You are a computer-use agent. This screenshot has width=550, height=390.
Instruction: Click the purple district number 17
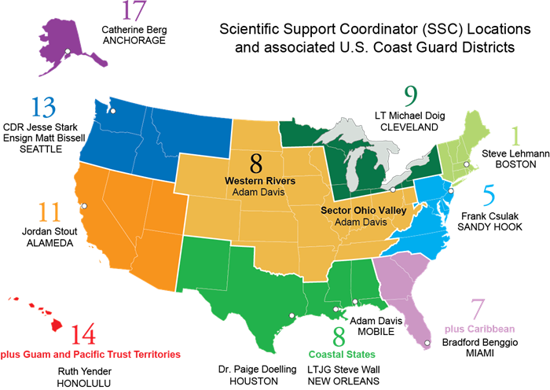134,12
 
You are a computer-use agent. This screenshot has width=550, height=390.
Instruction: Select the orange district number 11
49,213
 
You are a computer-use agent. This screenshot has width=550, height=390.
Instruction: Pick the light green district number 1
515,135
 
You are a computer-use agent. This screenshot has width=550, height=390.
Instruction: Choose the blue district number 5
489,194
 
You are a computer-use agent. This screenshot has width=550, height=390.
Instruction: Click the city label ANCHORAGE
134,40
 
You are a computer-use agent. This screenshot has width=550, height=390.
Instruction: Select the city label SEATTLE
39,149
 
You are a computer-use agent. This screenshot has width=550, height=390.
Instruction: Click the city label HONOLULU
85,383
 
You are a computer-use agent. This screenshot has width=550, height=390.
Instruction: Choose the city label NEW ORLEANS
343,381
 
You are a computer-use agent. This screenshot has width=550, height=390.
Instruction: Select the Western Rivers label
260,181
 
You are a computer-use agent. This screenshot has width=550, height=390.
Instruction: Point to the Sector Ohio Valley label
362,211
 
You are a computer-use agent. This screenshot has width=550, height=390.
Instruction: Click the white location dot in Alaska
68,52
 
